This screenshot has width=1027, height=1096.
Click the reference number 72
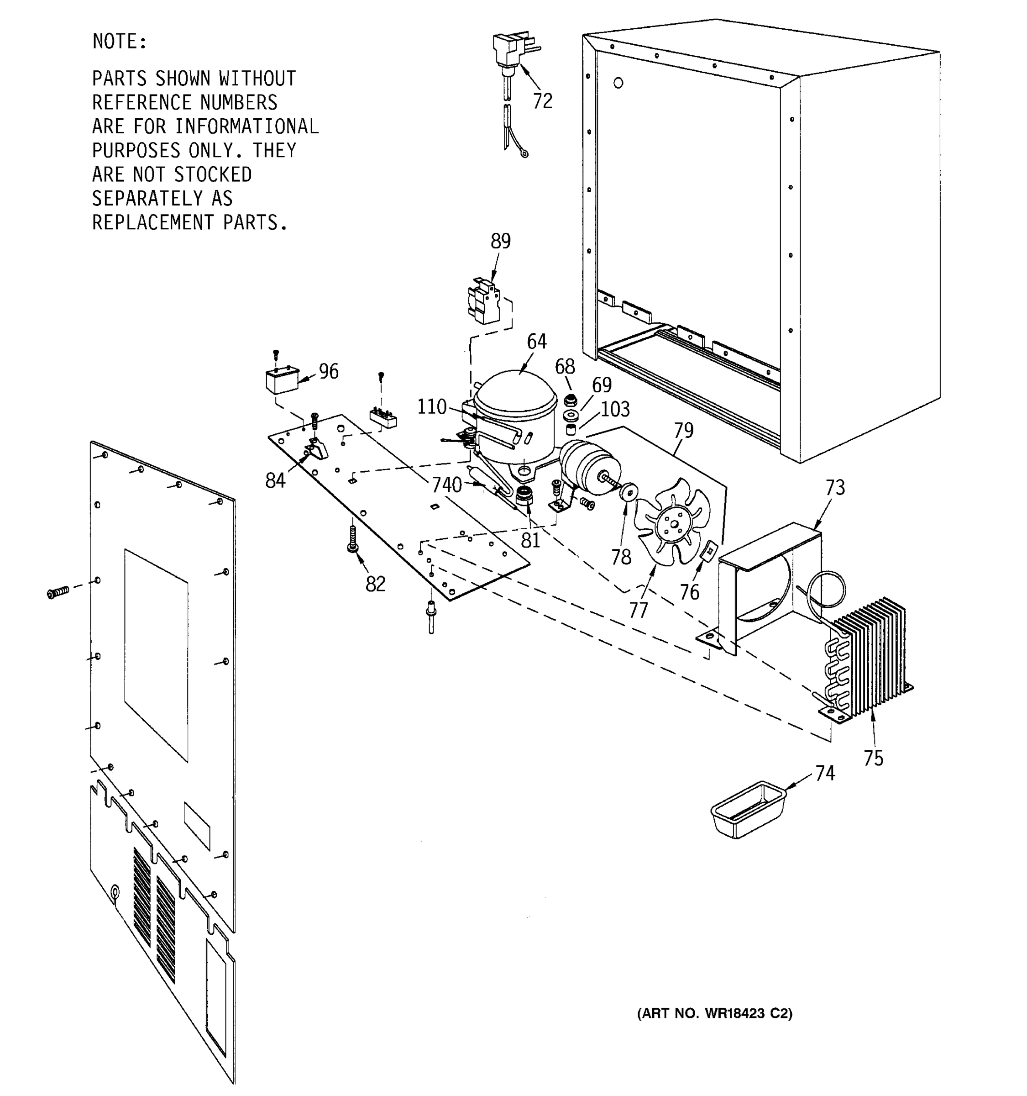[542, 101]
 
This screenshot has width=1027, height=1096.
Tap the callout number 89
[500, 241]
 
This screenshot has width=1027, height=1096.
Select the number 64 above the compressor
[536, 342]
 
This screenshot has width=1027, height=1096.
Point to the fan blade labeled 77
[672, 521]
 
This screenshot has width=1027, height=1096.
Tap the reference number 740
[446, 485]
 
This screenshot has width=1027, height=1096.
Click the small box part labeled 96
[281, 381]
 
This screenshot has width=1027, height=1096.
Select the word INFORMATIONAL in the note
[246, 127]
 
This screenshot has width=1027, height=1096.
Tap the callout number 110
[431, 407]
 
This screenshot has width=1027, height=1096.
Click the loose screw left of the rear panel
[58, 593]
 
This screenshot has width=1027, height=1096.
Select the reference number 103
[615, 409]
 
